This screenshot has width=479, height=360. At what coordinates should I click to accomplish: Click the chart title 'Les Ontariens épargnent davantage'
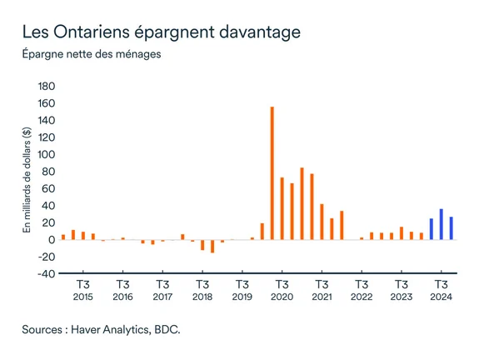161,33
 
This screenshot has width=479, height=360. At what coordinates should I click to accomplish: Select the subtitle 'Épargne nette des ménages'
91,56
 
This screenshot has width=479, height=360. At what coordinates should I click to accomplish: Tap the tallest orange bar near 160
272,173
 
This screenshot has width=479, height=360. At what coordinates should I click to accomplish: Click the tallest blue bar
442,224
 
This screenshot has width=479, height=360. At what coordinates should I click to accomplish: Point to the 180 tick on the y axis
47,87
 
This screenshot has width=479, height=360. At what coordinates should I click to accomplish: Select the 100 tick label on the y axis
47,155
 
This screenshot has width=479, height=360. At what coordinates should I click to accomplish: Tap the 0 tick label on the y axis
52,240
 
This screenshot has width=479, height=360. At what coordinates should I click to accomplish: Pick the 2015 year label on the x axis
82,297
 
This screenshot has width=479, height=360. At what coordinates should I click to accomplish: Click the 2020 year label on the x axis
282,297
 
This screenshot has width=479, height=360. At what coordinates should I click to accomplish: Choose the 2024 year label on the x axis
442,297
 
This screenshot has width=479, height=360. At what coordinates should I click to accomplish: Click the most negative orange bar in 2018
212,246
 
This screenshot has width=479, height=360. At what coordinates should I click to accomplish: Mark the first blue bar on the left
432,229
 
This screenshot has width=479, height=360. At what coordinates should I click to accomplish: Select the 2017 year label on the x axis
162,297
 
